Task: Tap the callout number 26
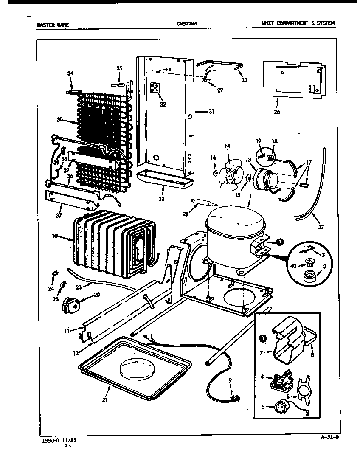(x=277, y=112)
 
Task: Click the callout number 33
(x=244, y=80)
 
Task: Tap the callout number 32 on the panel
(x=163, y=104)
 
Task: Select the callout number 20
(x=97, y=294)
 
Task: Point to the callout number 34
(x=70, y=73)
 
